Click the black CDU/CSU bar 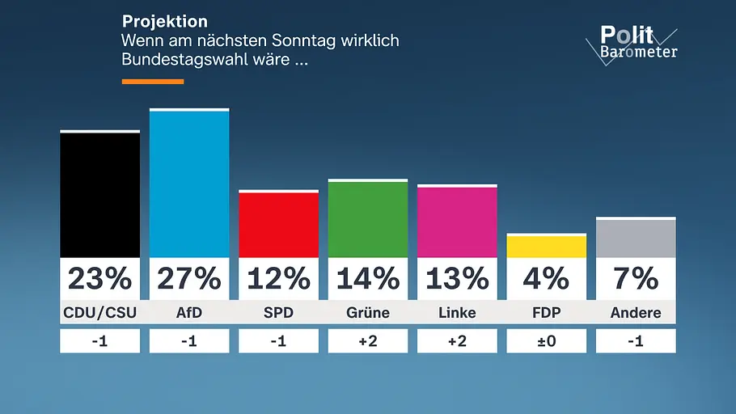coord(100,194)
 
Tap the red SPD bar coord(278,224)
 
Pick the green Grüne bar coord(368,218)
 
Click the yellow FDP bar coord(547,246)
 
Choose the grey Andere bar coord(636,238)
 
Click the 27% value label coord(189,279)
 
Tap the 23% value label coord(100,279)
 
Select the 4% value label coord(547,279)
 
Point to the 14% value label coord(368,279)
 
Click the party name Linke coord(457,313)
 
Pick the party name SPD coord(278,313)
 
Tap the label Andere coord(636,313)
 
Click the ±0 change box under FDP coord(547,340)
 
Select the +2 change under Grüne coord(368,340)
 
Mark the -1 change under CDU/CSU coord(100,340)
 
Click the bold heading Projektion coord(165,22)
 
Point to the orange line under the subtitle coord(153,82)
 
